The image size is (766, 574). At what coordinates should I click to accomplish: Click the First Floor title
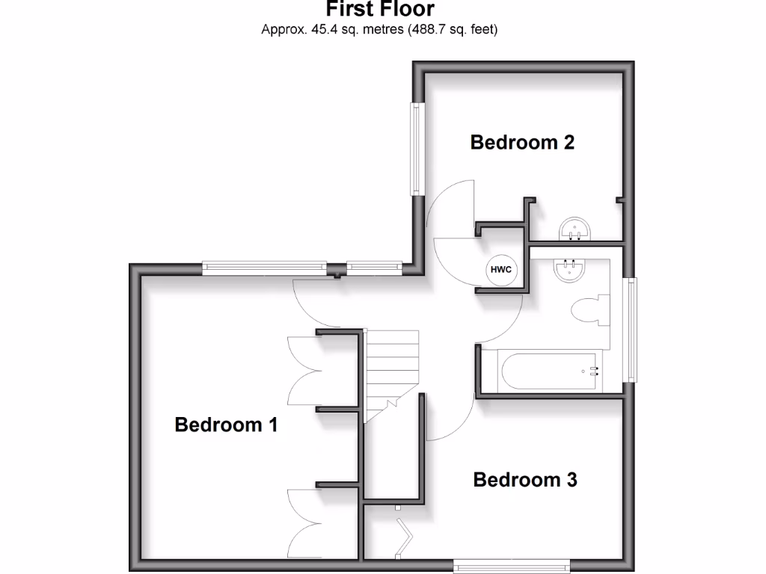click(x=379, y=10)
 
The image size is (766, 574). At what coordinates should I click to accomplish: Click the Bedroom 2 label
click(x=522, y=142)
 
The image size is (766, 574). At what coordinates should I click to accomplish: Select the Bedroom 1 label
click(x=226, y=425)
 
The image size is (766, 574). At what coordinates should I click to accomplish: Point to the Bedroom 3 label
click(x=525, y=479)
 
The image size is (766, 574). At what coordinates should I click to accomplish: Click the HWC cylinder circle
click(x=501, y=269)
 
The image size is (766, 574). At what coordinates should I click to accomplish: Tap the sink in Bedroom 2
click(x=577, y=229)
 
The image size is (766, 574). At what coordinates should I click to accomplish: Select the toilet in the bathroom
click(x=587, y=310)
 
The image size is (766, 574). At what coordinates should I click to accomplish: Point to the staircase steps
click(x=391, y=366)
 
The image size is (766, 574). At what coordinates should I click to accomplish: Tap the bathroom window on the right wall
click(x=633, y=330)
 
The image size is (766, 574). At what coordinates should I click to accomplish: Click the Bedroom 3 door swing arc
click(x=449, y=419)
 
